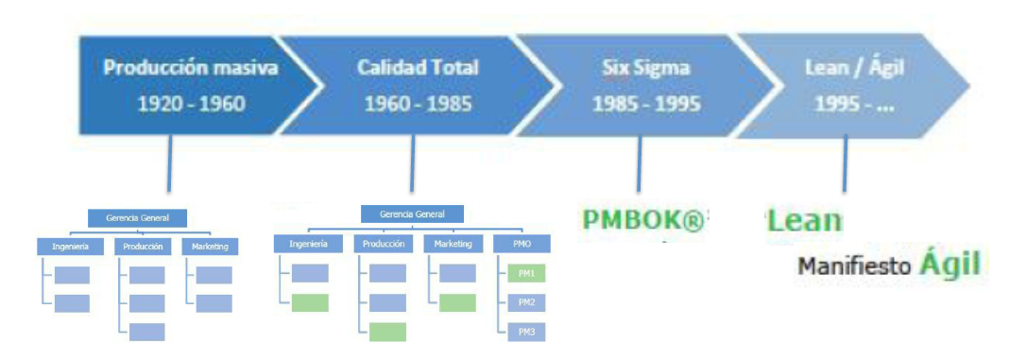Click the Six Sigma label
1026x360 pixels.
[x=645, y=69]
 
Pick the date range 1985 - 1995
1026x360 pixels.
[x=646, y=103]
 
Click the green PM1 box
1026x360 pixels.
[x=526, y=274]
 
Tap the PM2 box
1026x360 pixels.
[x=526, y=303]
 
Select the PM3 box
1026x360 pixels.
[x=526, y=333]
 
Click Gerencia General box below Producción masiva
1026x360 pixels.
[x=139, y=218]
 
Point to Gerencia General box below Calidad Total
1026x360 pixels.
[x=411, y=214]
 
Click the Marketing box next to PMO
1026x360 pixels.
[x=452, y=244]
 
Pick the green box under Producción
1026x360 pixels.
[x=387, y=332]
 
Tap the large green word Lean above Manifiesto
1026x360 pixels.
[x=804, y=220]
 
